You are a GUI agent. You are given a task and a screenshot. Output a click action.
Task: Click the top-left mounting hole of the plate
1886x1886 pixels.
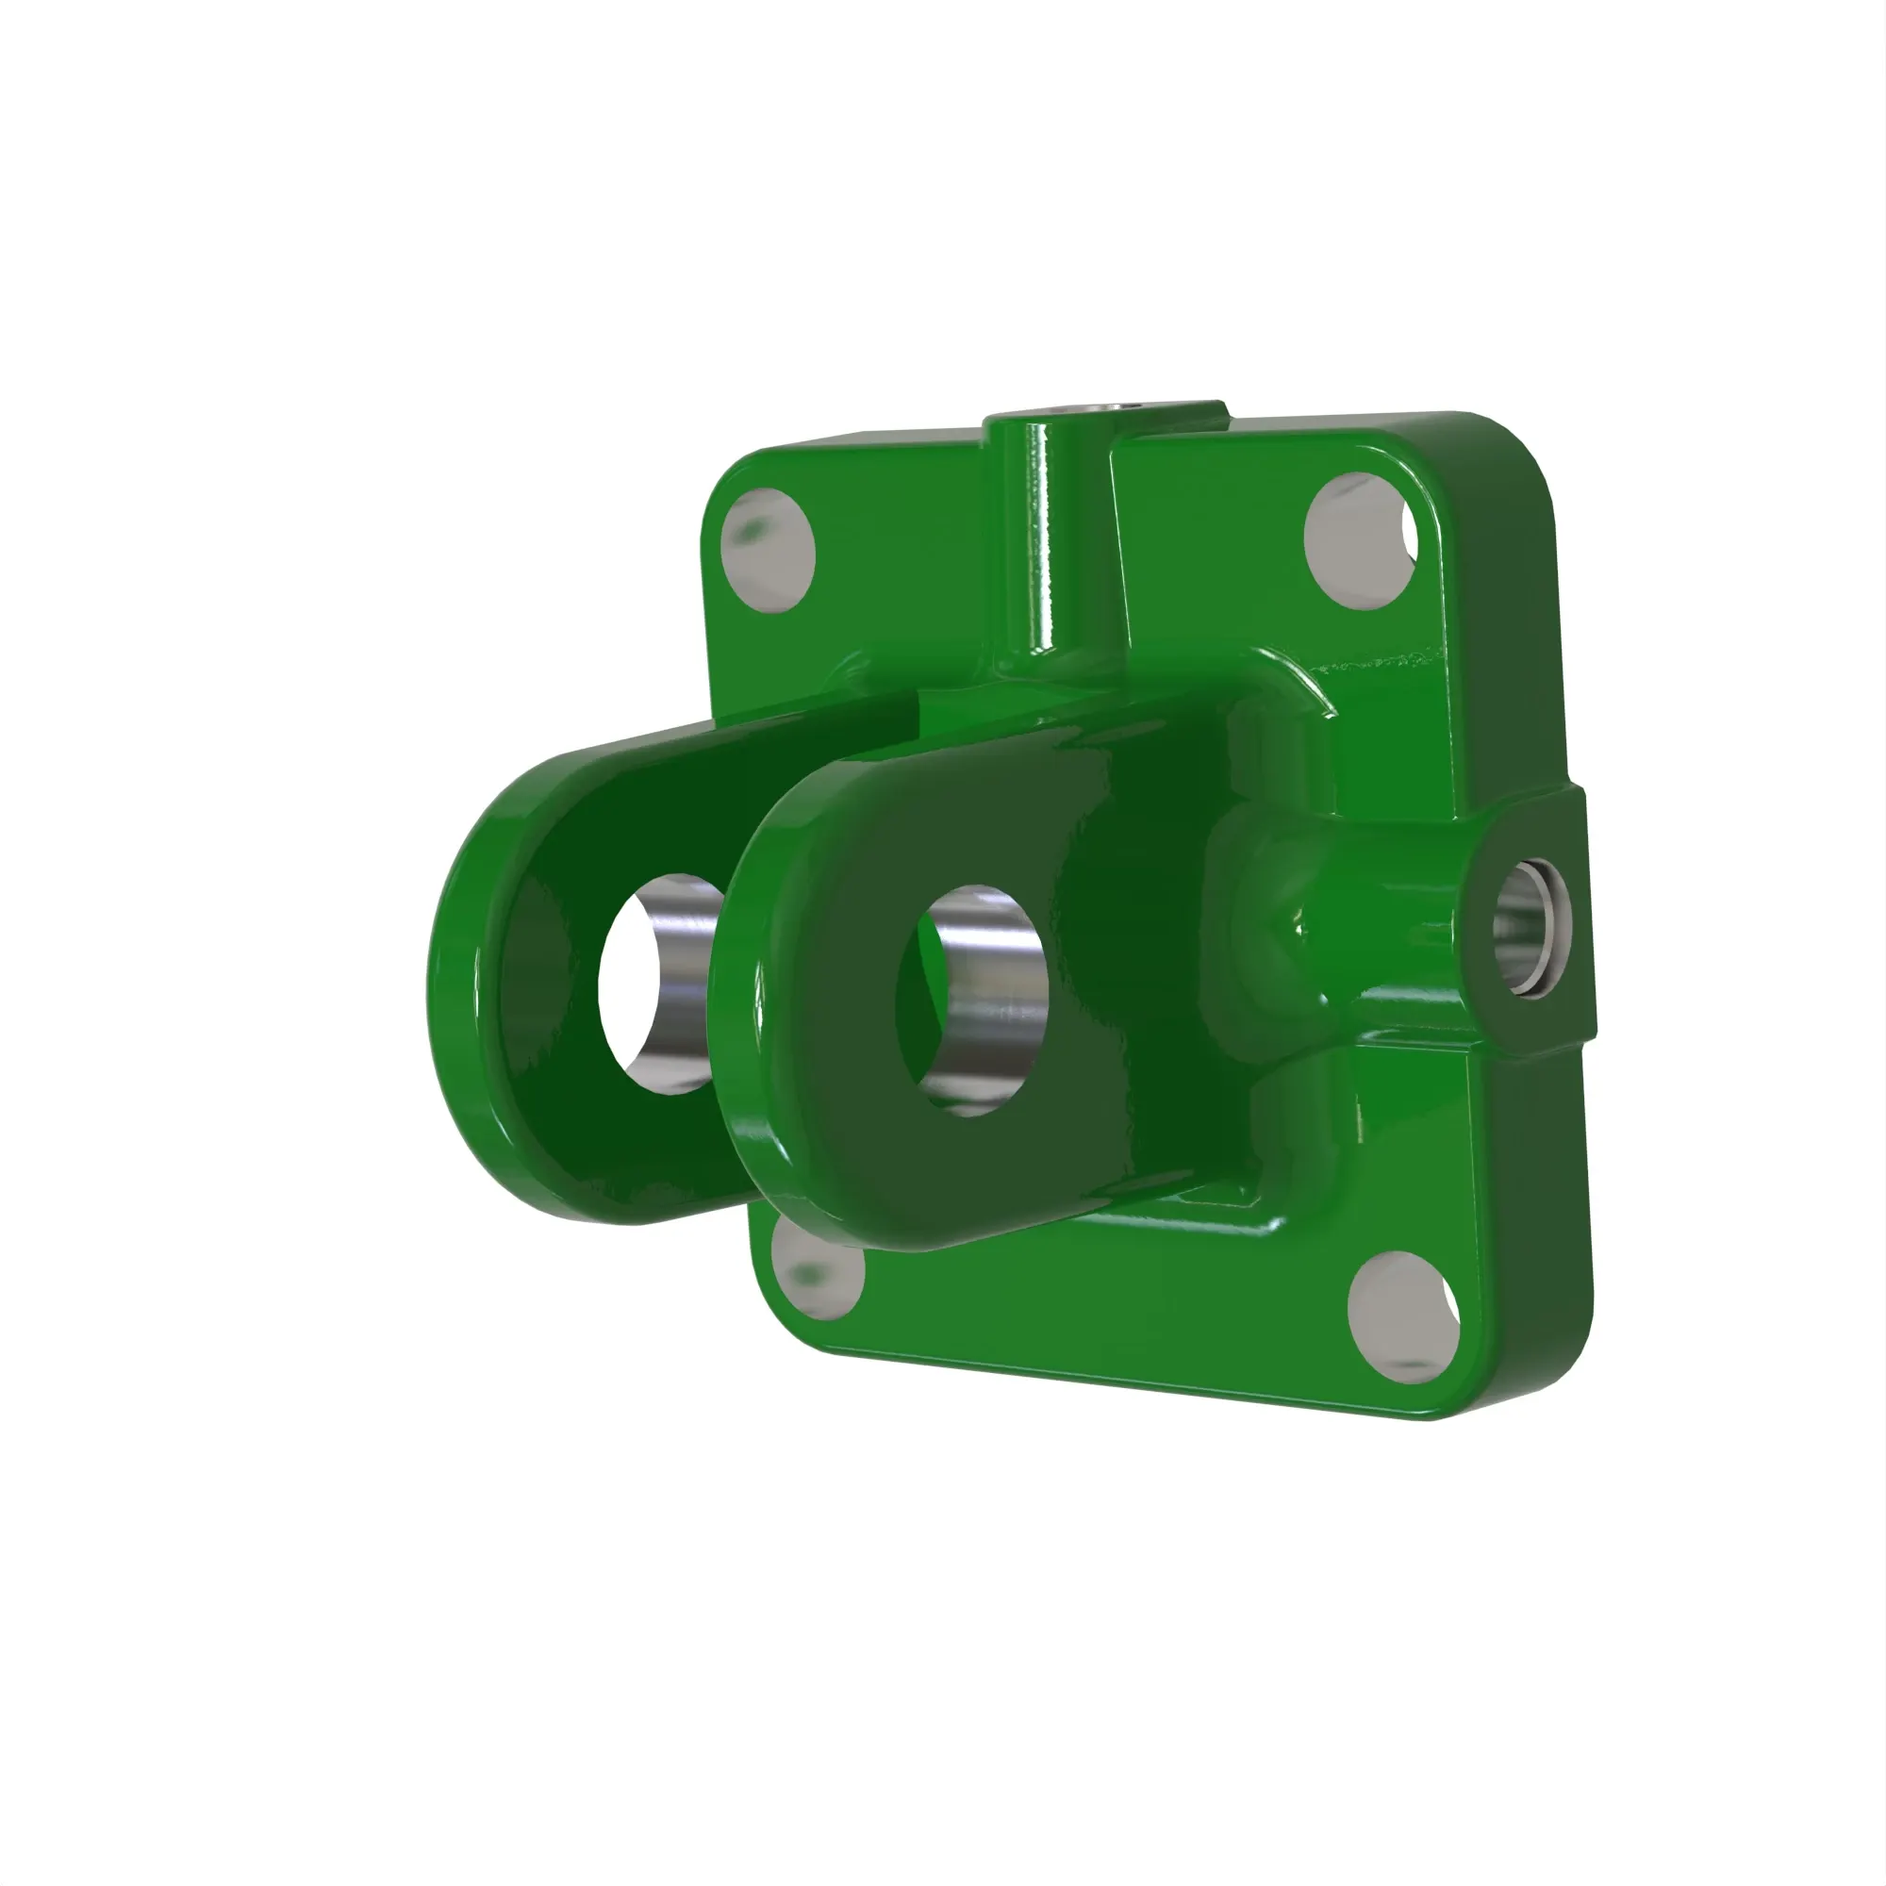point(769,551)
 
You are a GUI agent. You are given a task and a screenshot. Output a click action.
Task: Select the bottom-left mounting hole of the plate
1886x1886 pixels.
point(818,1269)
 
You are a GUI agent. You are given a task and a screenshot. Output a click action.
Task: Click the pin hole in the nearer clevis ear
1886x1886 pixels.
point(970,1000)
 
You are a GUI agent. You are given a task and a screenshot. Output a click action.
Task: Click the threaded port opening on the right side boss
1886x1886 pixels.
point(1530,926)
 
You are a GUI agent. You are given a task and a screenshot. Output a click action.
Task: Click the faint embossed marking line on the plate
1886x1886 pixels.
point(1377,664)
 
